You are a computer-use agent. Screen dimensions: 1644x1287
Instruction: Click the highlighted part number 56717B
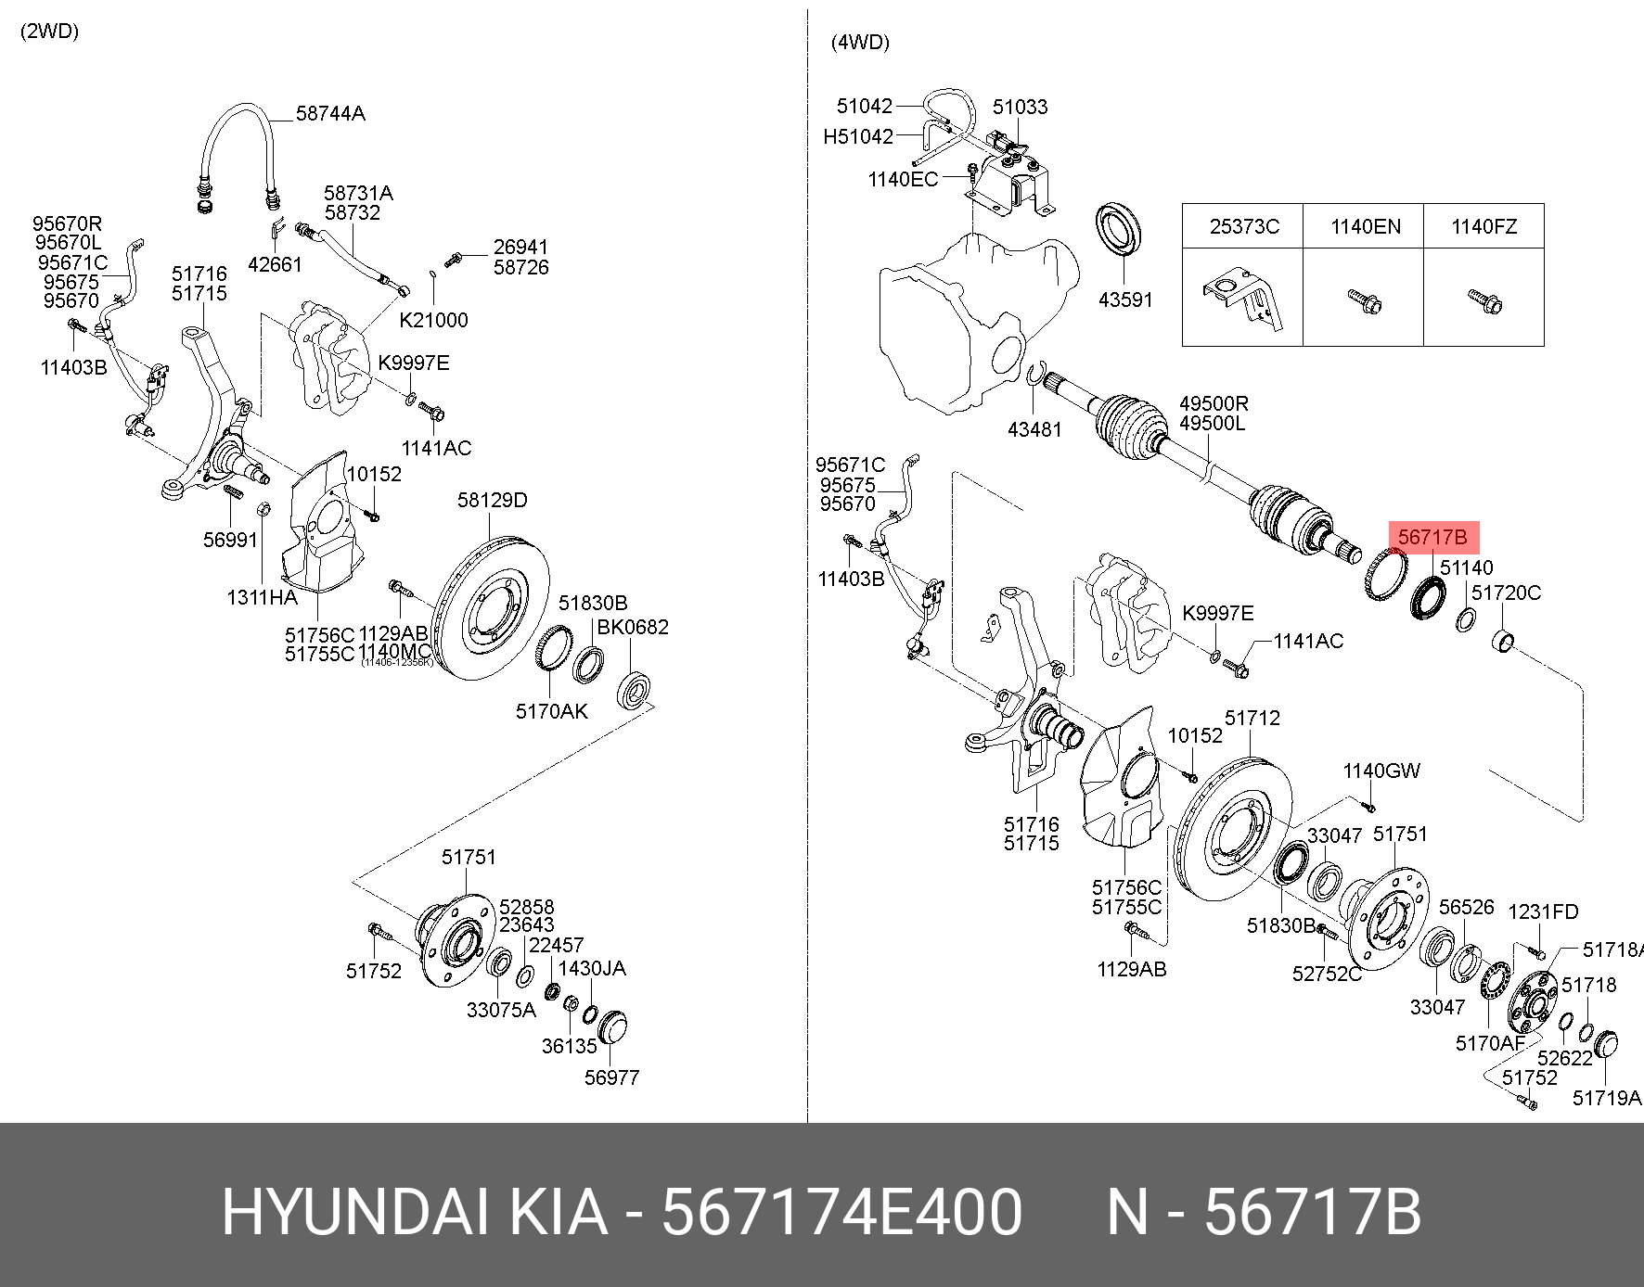click(1432, 537)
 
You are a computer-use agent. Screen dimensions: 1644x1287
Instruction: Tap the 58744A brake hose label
click(330, 114)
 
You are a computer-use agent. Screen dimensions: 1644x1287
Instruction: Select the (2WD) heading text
click(50, 32)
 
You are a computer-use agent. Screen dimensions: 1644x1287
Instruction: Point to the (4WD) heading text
click(860, 43)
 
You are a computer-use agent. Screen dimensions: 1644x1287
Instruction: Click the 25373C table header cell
click(1243, 226)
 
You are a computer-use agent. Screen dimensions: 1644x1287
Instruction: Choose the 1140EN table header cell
click(1365, 226)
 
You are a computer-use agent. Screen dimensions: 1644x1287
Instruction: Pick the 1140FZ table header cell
click(1483, 226)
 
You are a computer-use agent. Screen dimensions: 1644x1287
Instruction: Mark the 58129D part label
click(492, 501)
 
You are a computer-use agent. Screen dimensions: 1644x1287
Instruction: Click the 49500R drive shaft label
click(1214, 404)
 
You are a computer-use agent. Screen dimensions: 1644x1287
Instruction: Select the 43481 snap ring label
click(1034, 429)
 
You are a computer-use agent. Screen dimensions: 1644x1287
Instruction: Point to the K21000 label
click(433, 321)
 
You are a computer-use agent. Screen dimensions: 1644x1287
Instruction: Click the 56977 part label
click(611, 1077)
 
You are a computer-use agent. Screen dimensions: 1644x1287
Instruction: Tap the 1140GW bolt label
click(1381, 771)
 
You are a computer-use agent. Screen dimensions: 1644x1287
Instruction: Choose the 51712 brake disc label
click(1252, 718)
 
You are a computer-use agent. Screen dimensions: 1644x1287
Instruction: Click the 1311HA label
click(262, 598)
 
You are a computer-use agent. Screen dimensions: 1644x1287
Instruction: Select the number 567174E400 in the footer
click(841, 1212)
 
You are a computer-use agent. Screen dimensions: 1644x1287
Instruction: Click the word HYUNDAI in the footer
click(354, 1212)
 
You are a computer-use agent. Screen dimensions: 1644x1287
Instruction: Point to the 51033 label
click(1020, 108)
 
